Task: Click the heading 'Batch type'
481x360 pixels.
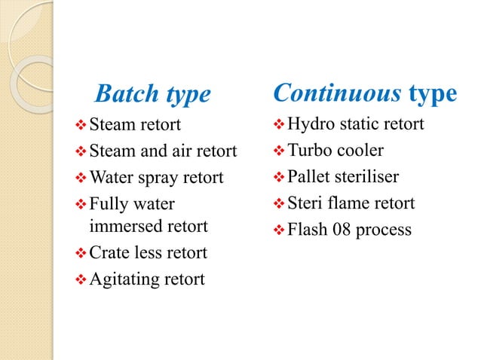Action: (x=153, y=95)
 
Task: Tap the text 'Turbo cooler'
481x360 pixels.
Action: (x=336, y=150)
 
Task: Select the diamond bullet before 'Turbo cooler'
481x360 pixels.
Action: (x=278, y=151)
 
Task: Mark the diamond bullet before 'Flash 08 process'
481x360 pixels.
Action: (x=278, y=230)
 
